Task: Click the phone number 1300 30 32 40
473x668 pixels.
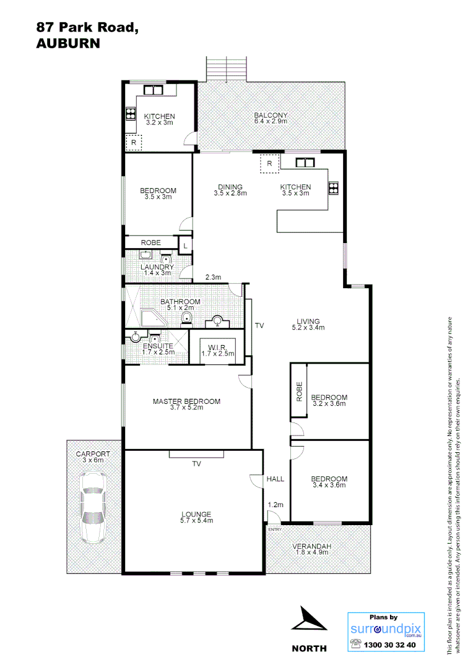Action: click(390, 645)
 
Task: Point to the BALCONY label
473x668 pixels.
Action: click(271, 115)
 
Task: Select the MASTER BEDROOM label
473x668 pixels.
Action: click(186, 401)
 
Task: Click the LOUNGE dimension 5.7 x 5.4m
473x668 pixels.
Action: click(196, 521)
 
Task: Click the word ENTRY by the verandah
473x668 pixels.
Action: click(274, 529)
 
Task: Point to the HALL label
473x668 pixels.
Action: click(275, 479)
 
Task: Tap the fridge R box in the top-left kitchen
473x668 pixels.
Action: click(133, 143)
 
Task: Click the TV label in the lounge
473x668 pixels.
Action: click(197, 463)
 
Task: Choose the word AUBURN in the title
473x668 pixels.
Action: click(68, 43)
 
